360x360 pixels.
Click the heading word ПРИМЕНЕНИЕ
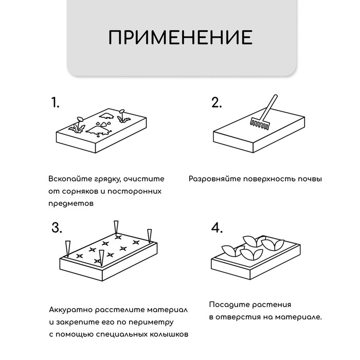point(180,38)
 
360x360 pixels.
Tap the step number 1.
point(55,102)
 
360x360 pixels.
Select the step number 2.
point(217,102)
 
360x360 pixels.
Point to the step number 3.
point(57,228)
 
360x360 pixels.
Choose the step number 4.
point(217,228)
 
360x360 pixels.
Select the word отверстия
point(240,317)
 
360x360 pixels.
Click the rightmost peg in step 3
point(150,235)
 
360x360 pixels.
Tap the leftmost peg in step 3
point(66,248)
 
